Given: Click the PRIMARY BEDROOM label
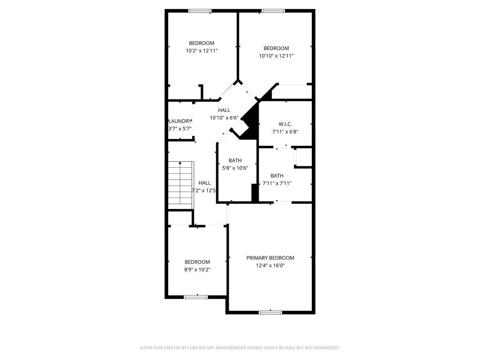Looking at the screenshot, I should pyautogui.click(x=270, y=258).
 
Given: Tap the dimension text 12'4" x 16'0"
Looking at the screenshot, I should pyautogui.click(x=270, y=265).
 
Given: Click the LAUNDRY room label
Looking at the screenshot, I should pyautogui.click(x=180, y=121).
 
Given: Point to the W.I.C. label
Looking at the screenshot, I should pyautogui.click(x=285, y=124).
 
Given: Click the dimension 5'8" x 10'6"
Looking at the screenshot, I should pyautogui.click(x=235, y=168).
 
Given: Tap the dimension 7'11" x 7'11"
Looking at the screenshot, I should pyautogui.click(x=277, y=183).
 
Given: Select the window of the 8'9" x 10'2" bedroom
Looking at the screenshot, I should pyautogui.click(x=196, y=296).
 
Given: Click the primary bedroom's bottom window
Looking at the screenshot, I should pyautogui.click(x=270, y=312).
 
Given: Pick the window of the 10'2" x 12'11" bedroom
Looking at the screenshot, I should pyautogui.click(x=200, y=11).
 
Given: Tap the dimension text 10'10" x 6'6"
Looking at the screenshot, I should pyautogui.click(x=224, y=118).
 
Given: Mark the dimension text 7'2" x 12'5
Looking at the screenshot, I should pyautogui.click(x=204, y=190).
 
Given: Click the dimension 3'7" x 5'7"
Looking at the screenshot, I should pyautogui.click(x=180, y=128).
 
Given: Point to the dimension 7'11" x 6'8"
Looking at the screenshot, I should pyautogui.click(x=285, y=131).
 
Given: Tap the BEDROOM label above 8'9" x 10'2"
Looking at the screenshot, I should pyautogui.click(x=197, y=262).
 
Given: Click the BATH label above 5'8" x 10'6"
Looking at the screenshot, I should pyautogui.click(x=235, y=160).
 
